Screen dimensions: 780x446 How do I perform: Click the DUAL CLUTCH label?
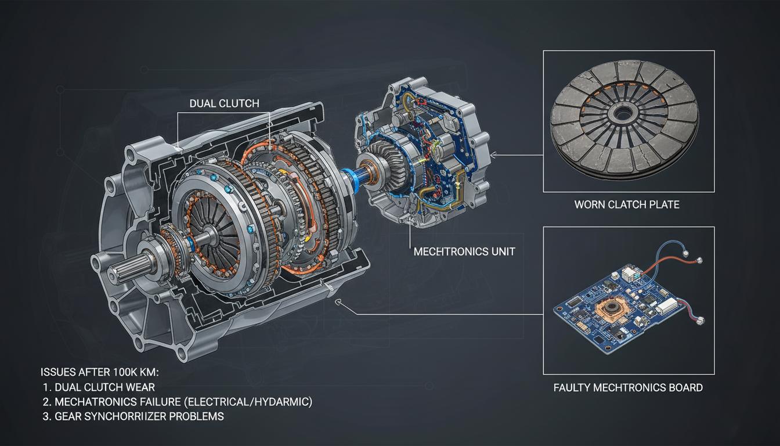pyautogui.click(x=224, y=103)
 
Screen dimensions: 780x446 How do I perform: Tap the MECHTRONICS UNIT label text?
pyautogui.click(x=464, y=251)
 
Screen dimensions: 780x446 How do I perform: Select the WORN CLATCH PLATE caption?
pyautogui.click(x=627, y=204)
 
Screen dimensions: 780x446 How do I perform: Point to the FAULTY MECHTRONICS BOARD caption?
pyautogui.click(x=628, y=387)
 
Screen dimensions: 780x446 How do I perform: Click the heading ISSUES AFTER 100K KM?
pyautogui.click(x=100, y=372)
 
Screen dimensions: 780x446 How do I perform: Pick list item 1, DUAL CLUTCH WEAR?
pyautogui.click(x=99, y=387)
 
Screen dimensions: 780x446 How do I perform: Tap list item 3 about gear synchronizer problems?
pyautogui.click(x=133, y=416)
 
